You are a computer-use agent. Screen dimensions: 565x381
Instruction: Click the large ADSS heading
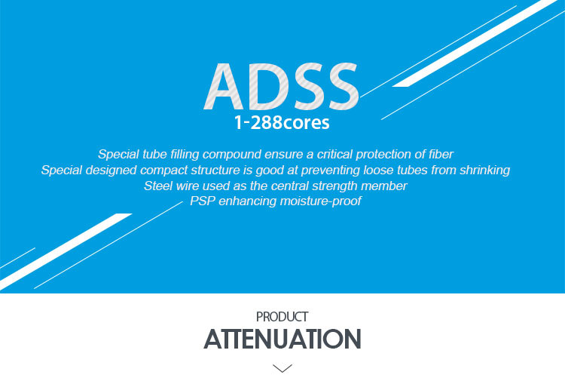pyautogui.click(x=282, y=87)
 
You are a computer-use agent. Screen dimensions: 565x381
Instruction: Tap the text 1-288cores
pyautogui.click(x=282, y=123)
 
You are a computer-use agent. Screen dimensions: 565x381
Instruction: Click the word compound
pyautogui.click(x=232, y=155)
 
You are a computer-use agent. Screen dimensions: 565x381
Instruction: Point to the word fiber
pyautogui.click(x=441, y=154)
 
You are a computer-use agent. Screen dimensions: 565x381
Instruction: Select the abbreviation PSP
pyautogui.click(x=203, y=201)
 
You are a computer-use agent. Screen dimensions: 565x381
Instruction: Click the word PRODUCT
pyautogui.click(x=282, y=317)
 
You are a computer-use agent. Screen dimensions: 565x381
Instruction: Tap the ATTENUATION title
pyautogui.click(x=282, y=339)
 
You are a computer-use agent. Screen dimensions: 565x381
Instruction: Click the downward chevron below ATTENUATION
pyautogui.click(x=282, y=368)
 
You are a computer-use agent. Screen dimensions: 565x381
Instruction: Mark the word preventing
pyautogui.click(x=331, y=170)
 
